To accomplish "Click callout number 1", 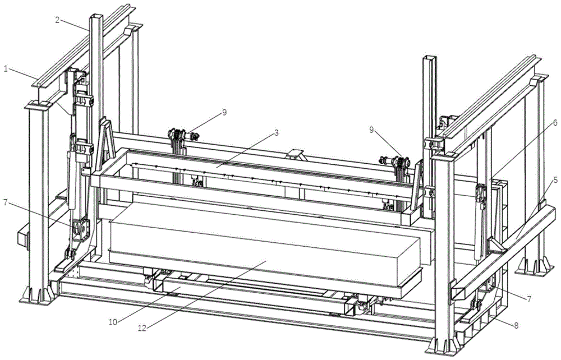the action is [6, 68].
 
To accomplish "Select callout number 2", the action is [57, 20].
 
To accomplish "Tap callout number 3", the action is [276, 133].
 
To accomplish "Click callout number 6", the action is [555, 123].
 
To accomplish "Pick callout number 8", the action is [516, 326].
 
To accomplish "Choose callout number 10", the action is [113, 322].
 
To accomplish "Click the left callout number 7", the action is [5, 202].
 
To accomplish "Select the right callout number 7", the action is [528, 298].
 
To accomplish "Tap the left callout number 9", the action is [224, 112].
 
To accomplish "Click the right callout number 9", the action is [371, 130].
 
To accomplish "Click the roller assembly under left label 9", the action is [182, 136].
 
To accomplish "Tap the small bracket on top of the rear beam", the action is [296, 155].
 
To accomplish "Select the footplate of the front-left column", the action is [36, 294].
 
